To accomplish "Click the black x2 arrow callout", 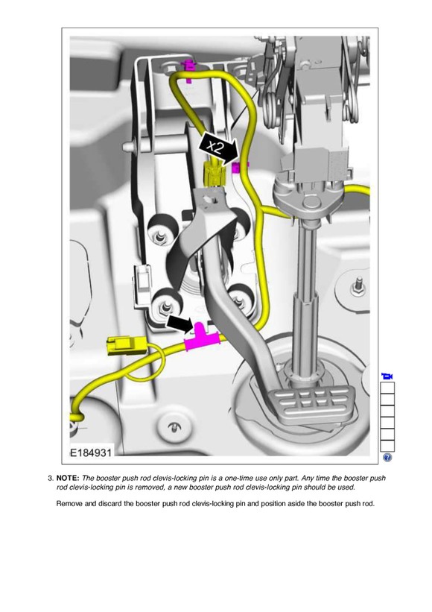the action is tap(218, 148).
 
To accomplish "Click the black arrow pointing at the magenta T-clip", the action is tap(180, 324).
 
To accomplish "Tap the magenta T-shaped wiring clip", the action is tap(202, 338).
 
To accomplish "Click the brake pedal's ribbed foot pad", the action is tap(313, 406).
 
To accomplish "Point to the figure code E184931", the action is tap(91, 452).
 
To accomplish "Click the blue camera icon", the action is tap(387, 376).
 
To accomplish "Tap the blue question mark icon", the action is tap(387, 458).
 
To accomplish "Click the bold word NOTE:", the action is tap(68, 478).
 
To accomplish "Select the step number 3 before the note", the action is tap(51, 478).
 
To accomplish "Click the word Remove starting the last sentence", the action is tap(69, 503).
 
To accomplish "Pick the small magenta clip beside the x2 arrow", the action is tap(238, 168).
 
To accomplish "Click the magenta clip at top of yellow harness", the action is tap(189, 69).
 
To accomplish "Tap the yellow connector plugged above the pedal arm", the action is tap(214, 174).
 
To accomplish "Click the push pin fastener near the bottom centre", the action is tap(172, 427).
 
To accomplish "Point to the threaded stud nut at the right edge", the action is tap(358, 287).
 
